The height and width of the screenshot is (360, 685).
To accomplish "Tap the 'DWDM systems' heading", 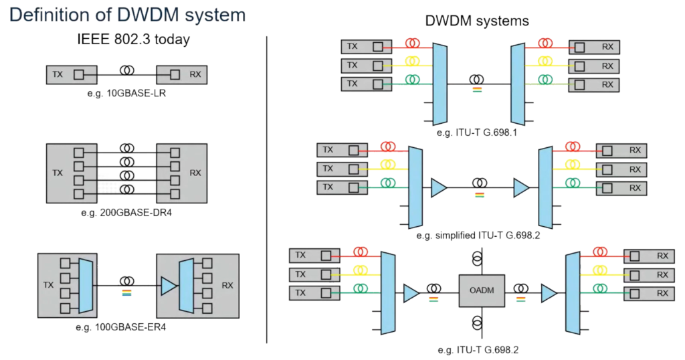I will [x=477, y=21].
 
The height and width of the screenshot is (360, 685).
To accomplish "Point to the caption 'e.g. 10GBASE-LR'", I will [x=126, y=93].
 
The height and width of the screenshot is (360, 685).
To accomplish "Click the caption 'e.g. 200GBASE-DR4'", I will [x=126, y=213].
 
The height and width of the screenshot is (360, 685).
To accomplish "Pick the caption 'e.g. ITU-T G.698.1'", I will [x=477, y=132].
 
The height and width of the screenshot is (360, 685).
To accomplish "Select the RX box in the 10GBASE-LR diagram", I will [x=181, y=74].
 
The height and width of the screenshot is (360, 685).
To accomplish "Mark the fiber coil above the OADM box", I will [x=477, y=257].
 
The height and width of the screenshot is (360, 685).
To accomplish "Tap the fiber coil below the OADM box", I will [x=477, y=324].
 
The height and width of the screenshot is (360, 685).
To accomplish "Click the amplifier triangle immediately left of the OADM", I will [x=411, y=293].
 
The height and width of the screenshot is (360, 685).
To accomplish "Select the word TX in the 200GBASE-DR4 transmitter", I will [x=58, y=173].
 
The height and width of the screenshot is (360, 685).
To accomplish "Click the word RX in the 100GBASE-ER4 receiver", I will [x=227, y=286].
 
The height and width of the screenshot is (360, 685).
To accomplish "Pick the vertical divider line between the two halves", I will [x=268, y=187].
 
